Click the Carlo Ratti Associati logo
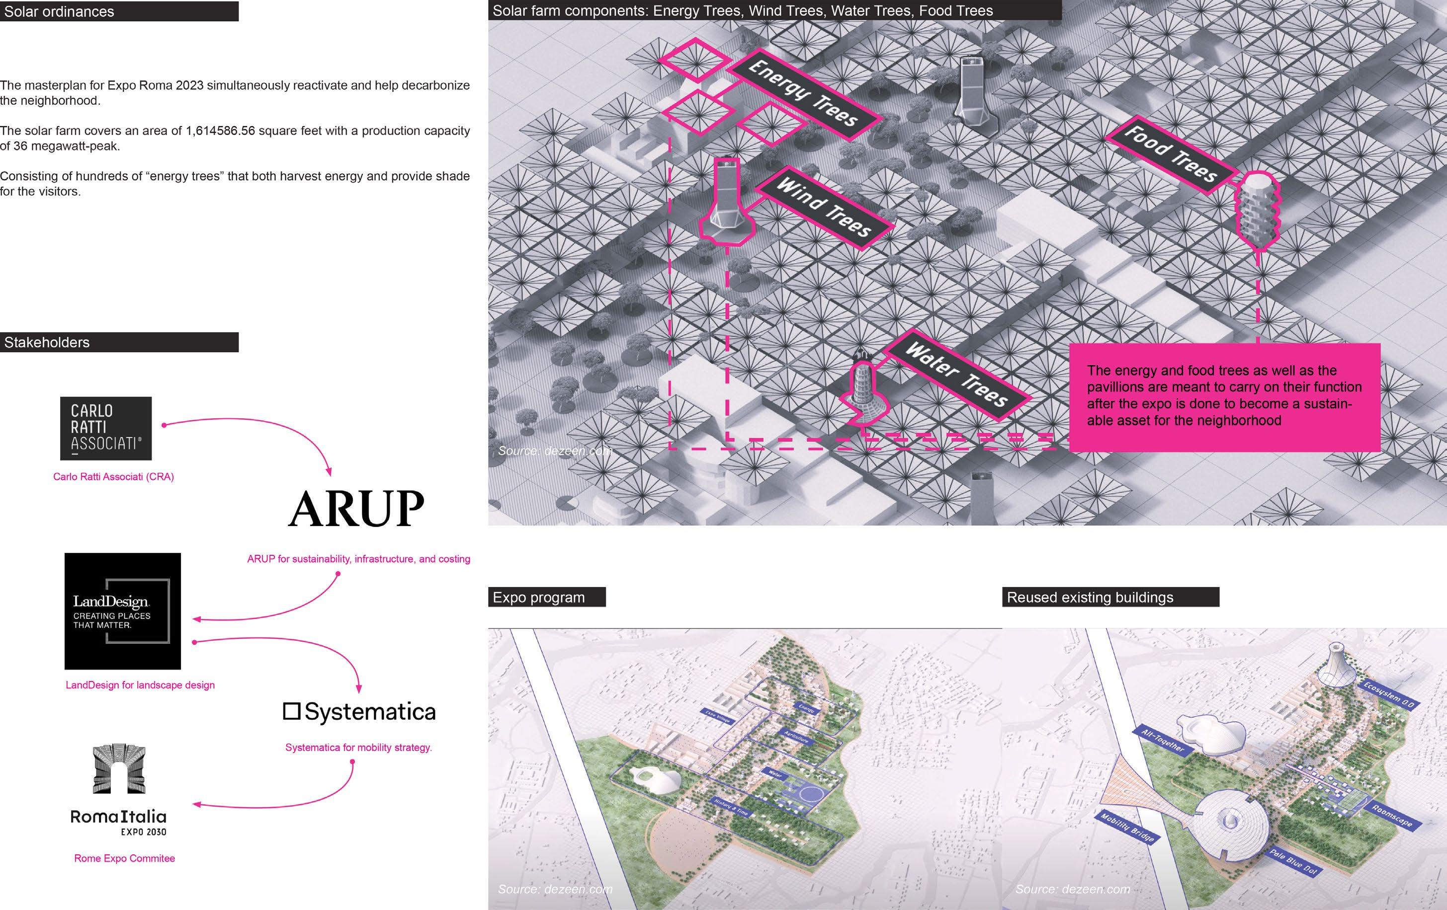106,428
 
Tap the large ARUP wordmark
356,509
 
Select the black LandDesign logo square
123,610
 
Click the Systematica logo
359,712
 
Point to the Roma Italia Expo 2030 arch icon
119,769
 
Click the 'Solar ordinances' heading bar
119,11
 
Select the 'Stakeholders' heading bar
119,342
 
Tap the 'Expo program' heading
546,598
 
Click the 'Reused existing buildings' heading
1110,598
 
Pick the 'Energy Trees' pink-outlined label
803,93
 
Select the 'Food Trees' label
1171,152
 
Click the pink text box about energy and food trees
1224,396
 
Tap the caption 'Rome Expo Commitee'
124,858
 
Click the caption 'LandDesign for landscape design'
140,685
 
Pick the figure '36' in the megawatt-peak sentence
20,146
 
